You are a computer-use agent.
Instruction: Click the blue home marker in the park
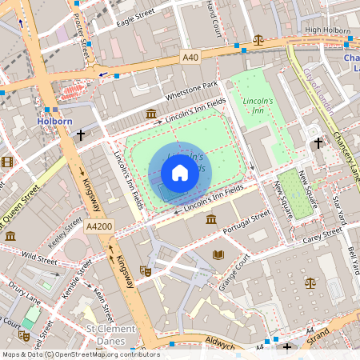180,173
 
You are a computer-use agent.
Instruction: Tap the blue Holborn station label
55,122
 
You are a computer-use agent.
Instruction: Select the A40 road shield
190,58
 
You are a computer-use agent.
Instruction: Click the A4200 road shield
98,228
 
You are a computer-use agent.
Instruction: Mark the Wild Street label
40,259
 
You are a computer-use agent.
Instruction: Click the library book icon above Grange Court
218,254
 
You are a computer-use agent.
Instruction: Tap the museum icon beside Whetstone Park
152,115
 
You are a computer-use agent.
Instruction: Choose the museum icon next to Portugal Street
210,219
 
